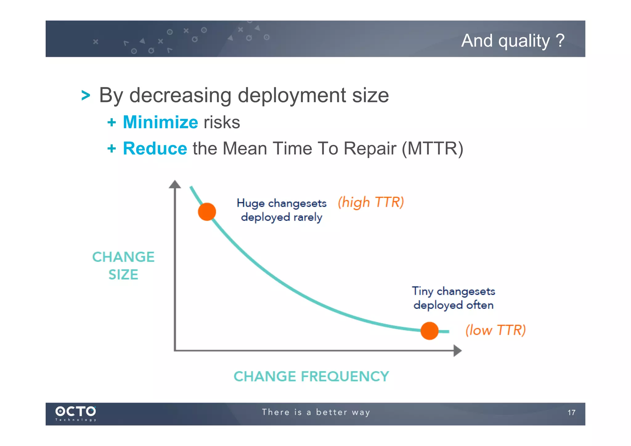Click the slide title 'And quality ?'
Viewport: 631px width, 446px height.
click(x=512, y=41)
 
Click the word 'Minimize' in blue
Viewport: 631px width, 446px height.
click(x=160, y=122)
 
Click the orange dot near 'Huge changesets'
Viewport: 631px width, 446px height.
click(x=207, y=212)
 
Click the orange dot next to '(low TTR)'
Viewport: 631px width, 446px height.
click(x=429, y=331)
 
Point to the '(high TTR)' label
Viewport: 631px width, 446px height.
click(x=371, y=203)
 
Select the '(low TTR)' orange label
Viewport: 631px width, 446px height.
click(x=495, y=330)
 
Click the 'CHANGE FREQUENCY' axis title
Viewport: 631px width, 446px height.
click(x=311, y=376)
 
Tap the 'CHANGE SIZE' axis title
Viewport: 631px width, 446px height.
click(x=123, y=265)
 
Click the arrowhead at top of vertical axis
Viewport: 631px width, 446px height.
click(x=175, y=184)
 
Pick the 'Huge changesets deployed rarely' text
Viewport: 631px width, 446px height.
click(x=281, y=210)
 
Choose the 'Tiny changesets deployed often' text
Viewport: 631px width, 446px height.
click(x=453, y=298)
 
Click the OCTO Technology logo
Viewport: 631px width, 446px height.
click(x=75, y=413)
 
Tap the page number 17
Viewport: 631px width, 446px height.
click(x=571, y=413)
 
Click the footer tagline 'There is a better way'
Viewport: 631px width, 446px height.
click(x=316, y=412)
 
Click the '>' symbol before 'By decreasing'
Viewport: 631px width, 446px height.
click(x=86, y=95)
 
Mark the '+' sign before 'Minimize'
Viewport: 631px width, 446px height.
click(x=112, y=122)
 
